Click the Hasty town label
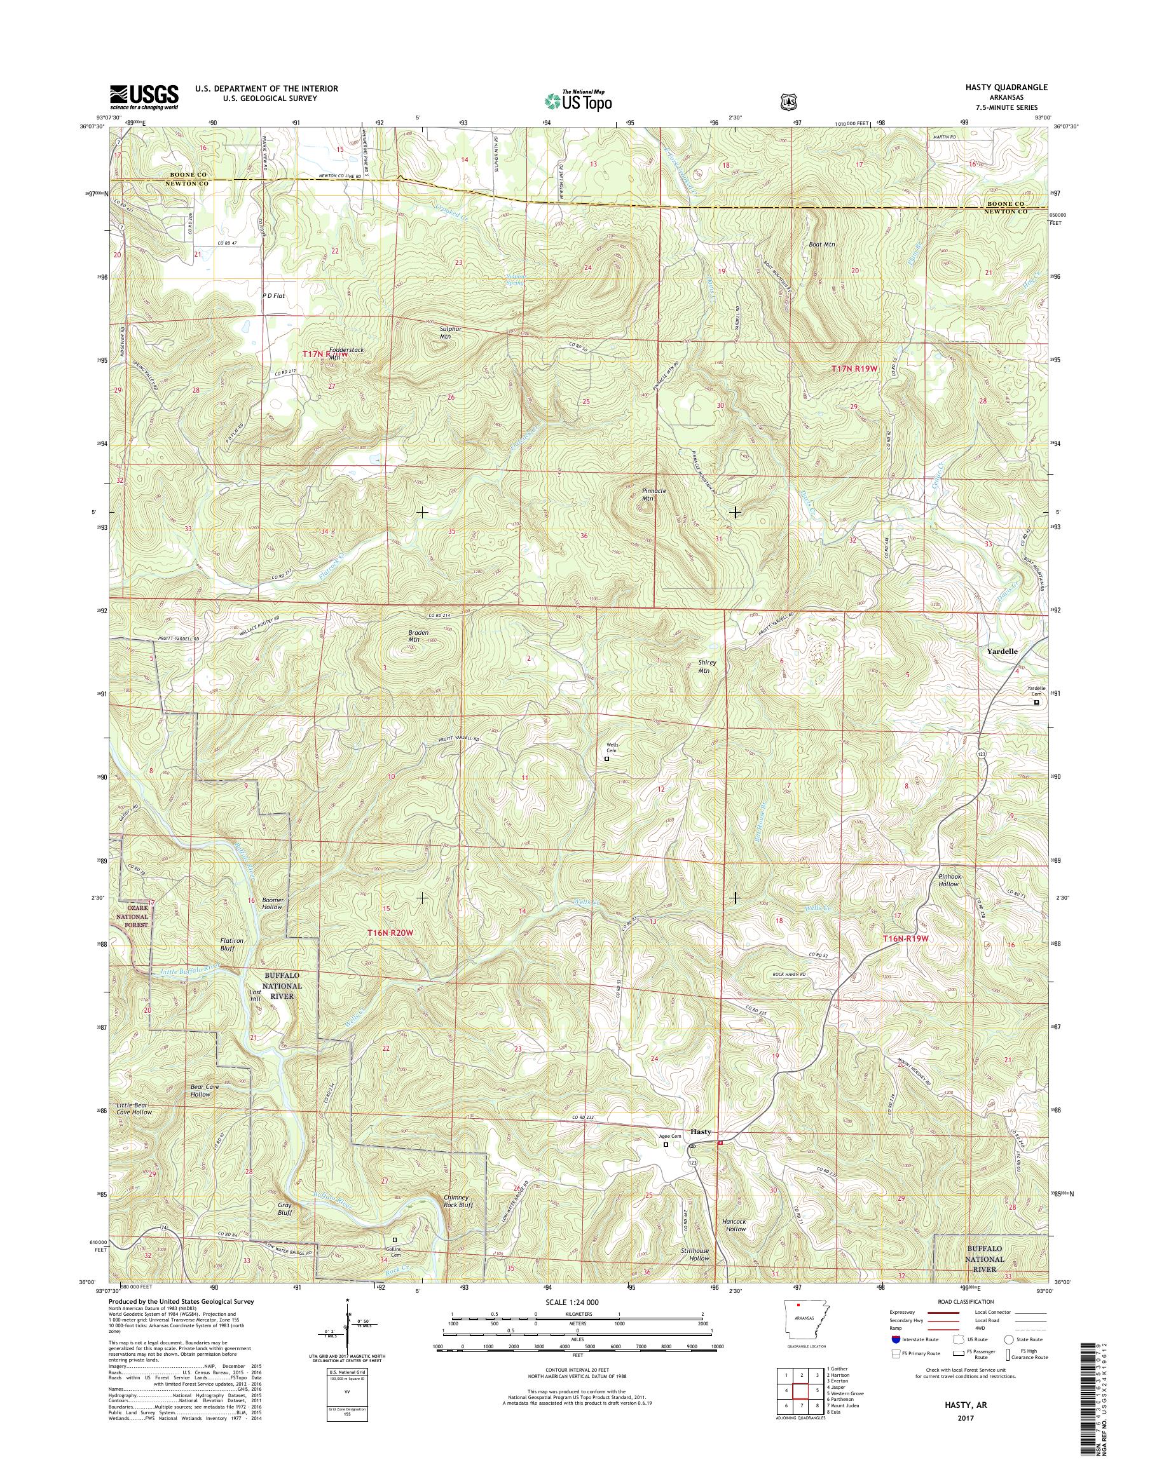701,1132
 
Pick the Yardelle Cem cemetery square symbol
1036,703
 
